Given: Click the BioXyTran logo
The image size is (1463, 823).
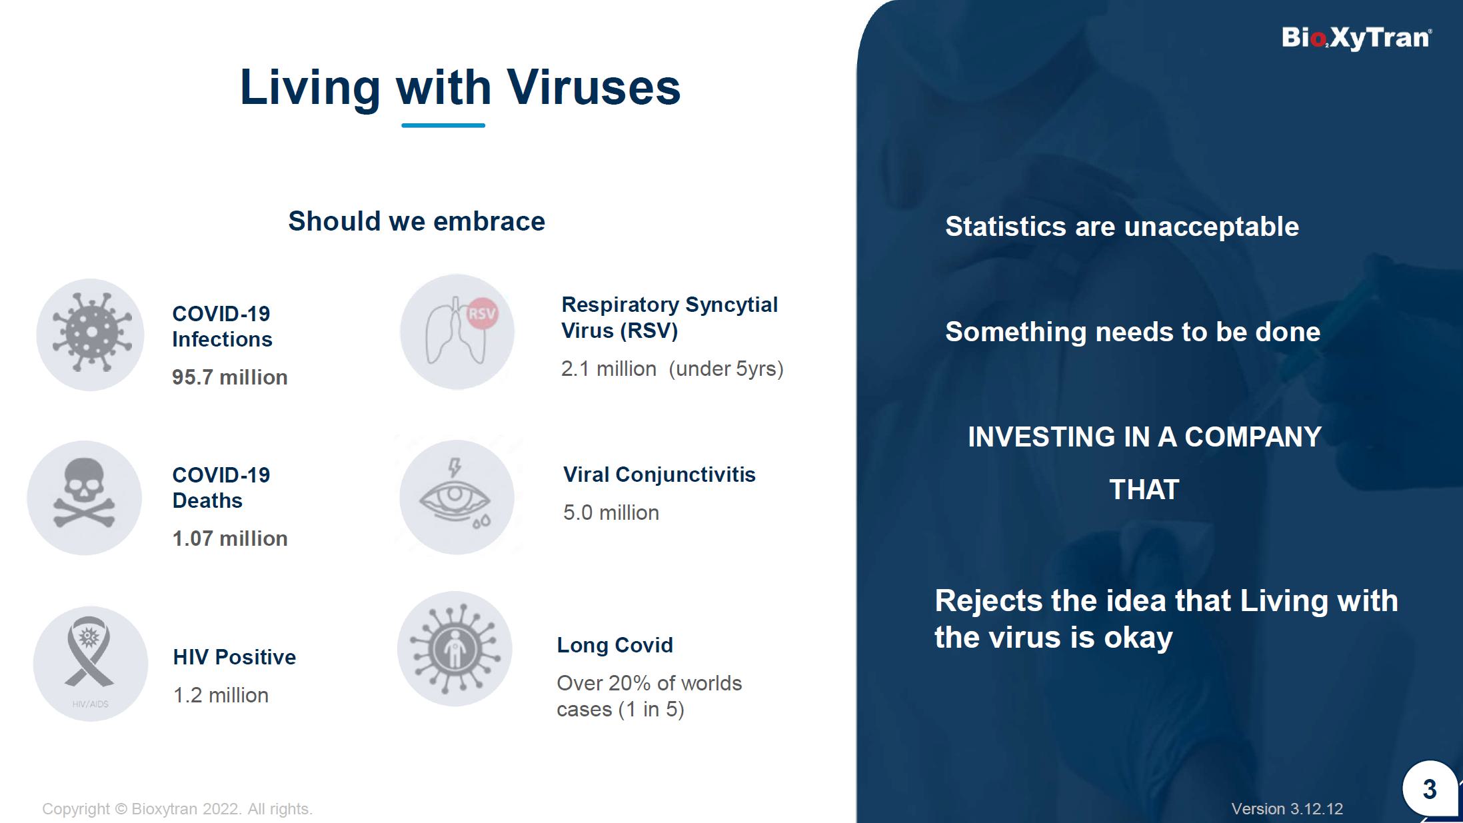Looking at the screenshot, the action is pos(1356,38).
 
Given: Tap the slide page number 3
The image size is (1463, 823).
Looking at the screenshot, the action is pos(1429,790).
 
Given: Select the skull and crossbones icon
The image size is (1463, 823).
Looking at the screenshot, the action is pos(85,494).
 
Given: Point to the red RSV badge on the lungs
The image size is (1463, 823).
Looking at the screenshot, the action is pos(482,313).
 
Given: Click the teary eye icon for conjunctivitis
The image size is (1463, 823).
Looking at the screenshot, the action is pos(455,494).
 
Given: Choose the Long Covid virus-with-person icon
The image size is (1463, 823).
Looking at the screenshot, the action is pos(455,648).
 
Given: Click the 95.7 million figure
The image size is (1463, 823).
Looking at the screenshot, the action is pos(230,377).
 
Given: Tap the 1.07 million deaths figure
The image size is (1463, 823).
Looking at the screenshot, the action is pos(230,538).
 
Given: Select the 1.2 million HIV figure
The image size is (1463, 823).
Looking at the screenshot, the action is pos(221,695).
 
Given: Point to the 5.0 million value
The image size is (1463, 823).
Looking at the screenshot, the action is pos(611,512).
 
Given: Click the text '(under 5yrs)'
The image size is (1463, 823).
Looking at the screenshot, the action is pos(726,369).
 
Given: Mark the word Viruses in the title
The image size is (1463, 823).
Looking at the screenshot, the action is pos(594,87).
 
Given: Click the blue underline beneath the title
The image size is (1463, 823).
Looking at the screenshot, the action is pos(443,125).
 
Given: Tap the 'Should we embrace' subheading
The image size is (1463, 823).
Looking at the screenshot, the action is pos(417,221).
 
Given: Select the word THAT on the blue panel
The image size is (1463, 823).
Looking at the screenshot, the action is pos(1144,490).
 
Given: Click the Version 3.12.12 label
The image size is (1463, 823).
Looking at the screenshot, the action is pos(1287,809).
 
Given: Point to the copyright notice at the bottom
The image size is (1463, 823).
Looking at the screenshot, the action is pos(177,809).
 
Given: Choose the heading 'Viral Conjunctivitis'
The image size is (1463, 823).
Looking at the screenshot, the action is pos(659,474).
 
